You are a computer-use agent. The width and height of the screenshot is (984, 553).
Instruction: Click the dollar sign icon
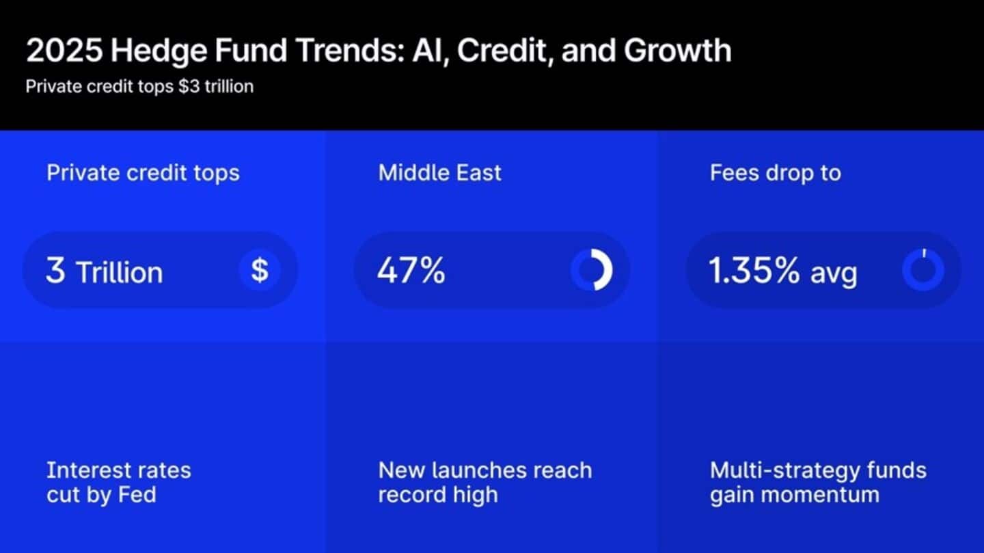tap(260, 270)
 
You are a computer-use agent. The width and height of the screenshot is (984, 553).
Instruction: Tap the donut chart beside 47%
tap(592, 270)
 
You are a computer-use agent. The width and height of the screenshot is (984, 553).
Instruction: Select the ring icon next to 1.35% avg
tap(923, 270)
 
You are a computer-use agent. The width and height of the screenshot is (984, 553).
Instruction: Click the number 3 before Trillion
tap(56, 271)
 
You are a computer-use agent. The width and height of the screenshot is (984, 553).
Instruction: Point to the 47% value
tap(411, 271)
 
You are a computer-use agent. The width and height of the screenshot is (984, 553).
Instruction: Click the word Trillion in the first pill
tap(120, 272)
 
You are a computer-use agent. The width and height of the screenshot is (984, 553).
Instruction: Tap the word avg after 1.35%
tap(834, 273)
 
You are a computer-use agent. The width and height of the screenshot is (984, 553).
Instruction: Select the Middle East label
tap(440, 172)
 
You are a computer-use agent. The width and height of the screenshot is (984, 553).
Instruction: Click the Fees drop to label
tap(776, 172)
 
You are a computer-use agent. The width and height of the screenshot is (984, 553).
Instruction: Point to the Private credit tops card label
tap(143, 172)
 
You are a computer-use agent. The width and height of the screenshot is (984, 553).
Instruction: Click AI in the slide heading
tap(429, 51)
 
